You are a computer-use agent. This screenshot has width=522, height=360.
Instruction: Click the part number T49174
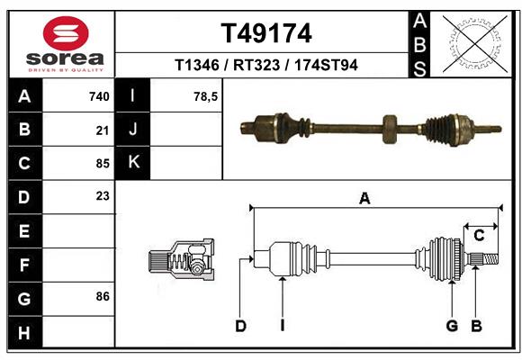coord(266,33)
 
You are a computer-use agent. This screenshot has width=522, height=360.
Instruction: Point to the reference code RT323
coord(256,65)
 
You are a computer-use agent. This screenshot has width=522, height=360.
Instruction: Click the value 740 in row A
coord(99,96)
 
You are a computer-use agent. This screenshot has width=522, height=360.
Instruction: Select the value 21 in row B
coord(103,130)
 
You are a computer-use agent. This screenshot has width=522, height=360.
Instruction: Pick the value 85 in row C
coord(103,163)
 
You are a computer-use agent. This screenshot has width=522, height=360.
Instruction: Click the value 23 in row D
coord(103,196)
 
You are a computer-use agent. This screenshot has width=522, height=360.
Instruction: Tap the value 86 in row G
coord(103,296)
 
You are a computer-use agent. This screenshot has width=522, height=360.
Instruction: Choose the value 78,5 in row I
coord(206,96)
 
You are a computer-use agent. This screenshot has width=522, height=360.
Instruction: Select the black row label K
coord(133,163)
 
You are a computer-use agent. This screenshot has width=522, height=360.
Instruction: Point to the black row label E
coord(24,230)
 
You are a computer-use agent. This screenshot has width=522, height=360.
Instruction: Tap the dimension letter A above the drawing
coord(364,199)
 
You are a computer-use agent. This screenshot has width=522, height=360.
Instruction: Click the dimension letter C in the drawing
coord(479,235)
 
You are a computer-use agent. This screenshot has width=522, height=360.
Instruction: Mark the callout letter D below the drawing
coord(240,326)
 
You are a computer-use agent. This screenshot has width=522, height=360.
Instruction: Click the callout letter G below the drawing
coord(452,326)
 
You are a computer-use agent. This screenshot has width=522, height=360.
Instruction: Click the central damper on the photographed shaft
coord(390,128)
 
